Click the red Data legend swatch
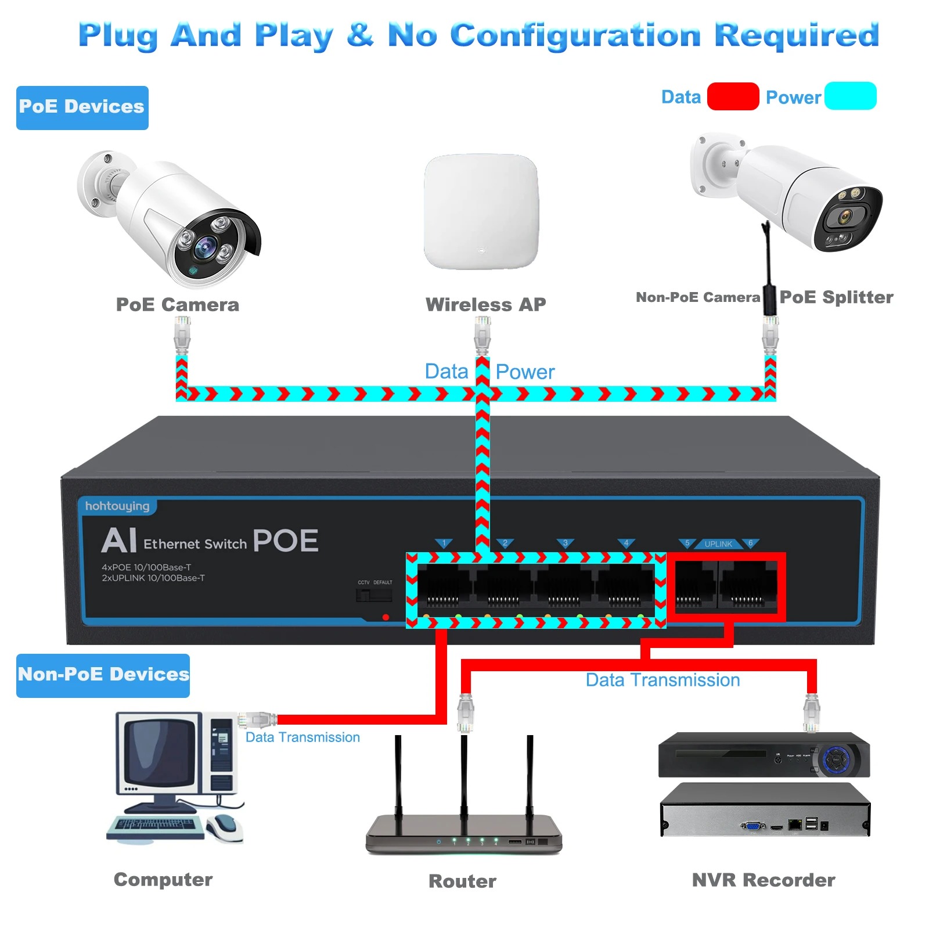pyautogui.click(x=733, y=96)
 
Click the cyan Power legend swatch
pyautogui.click(x=850, y=96)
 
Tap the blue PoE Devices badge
pyautogui.click(x=82, y=107)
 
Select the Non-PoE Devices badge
pyautogui.click(x=103, y=675)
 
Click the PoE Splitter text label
pyautogui.click(x=836, y=297)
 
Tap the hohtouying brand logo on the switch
pyautogui.click(x=117, y=506)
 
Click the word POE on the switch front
pyautogui.click(x=286, y=541)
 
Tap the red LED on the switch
pyautogui.click(x=386, y=617)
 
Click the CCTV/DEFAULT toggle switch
pyautogui.click(x=373, y=595)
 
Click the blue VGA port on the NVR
pyautogui.click(x=753, y=825)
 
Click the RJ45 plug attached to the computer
pyautogui.click(x=257, y=720)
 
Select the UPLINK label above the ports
pyautogui.click(x=718, y=544)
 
